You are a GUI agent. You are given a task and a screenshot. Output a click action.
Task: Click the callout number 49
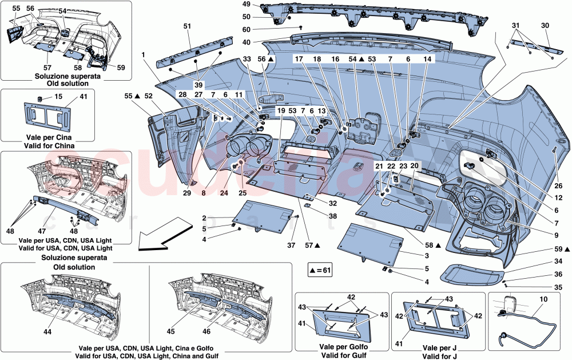247,5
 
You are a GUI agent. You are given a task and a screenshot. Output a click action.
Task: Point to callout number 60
247,29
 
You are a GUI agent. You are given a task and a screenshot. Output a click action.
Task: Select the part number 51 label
186,26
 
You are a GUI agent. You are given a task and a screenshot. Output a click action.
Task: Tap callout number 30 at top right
545,26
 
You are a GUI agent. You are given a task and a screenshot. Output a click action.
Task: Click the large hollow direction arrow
157,238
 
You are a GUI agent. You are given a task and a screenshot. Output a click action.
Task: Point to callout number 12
558,197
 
